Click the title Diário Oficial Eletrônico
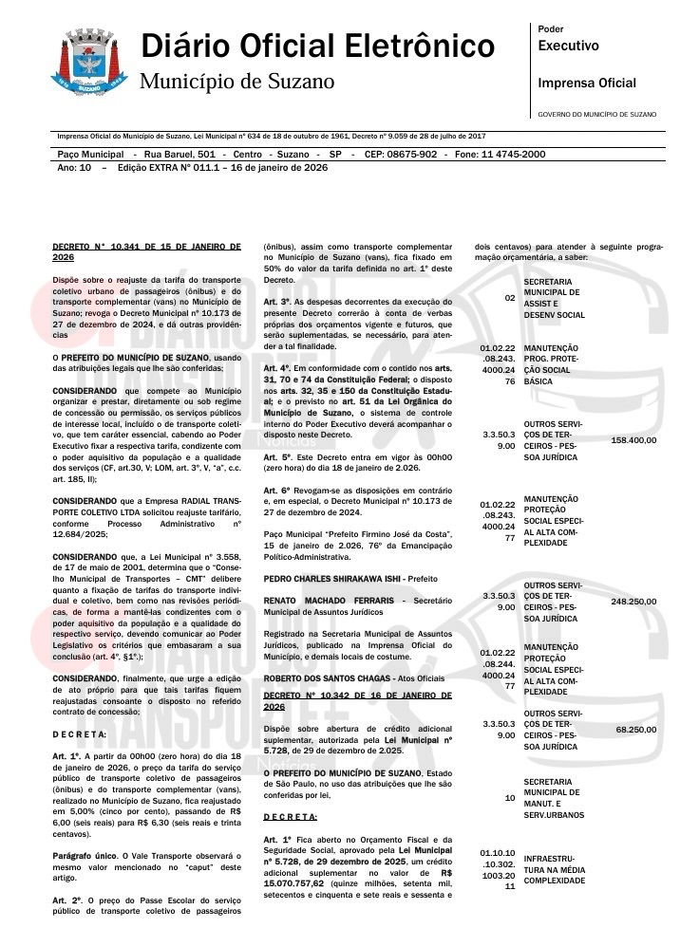(317, 45)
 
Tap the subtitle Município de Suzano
(236, 82)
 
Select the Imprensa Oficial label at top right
(587, 84)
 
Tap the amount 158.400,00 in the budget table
(633, 441)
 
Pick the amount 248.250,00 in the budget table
(633, 602)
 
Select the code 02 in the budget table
(510, 298)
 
